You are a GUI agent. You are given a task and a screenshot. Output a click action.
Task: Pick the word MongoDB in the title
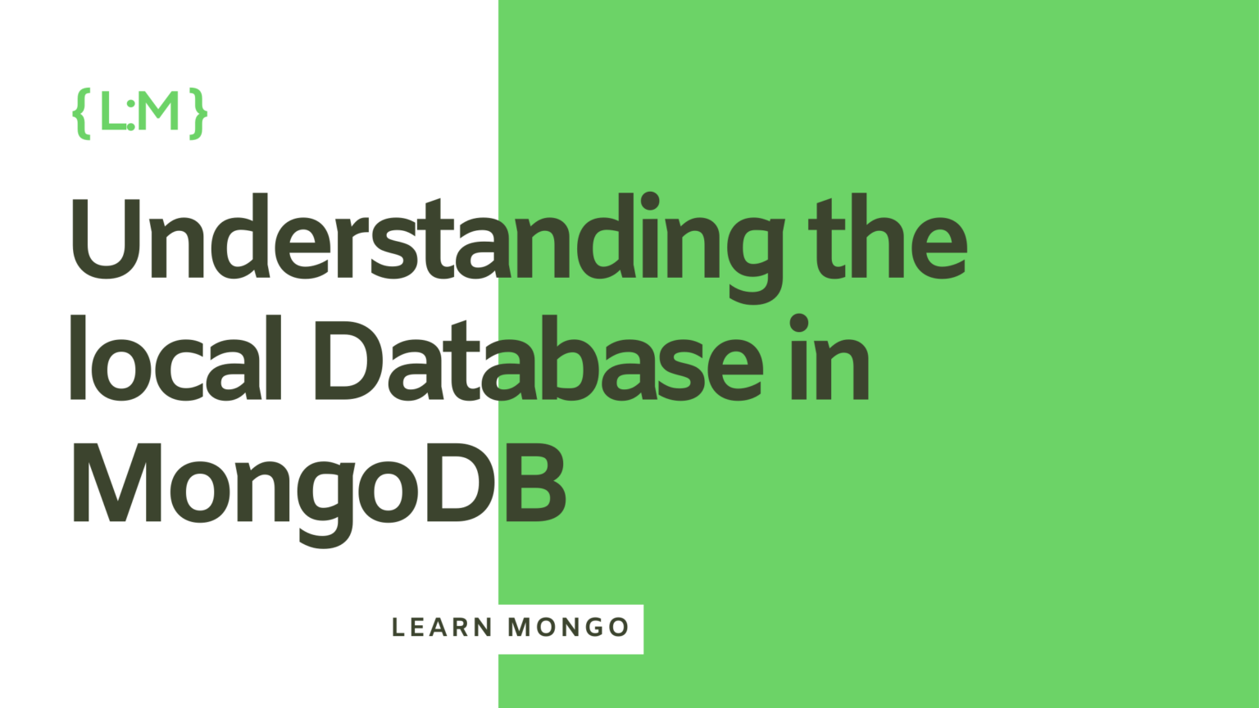tap(320, 483)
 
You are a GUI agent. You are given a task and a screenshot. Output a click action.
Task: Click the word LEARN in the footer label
tap(441, 628)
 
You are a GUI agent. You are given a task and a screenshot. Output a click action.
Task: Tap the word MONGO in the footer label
tap(568, 628)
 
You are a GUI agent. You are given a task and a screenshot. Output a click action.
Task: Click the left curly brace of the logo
tap(81, 113)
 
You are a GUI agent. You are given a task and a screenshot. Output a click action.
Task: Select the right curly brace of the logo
tap(198, 113)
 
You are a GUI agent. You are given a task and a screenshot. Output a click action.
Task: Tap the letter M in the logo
tap(158, 111)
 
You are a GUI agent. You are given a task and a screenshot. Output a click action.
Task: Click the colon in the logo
tap(131, 114)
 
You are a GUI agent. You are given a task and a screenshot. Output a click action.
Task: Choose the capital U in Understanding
tap(104, 238)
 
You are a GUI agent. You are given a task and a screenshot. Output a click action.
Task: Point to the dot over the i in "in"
tap(799, 323)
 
